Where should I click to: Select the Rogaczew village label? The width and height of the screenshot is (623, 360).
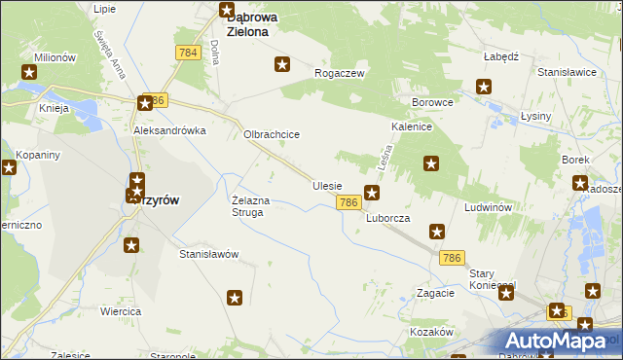pos(339,73)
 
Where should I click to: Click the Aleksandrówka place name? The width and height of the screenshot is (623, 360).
pos(170,129)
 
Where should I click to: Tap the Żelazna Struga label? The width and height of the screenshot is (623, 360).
pos(257,206)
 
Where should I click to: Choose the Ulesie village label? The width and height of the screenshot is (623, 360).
pos(327,185)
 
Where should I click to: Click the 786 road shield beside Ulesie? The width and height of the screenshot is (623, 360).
pos(349,202)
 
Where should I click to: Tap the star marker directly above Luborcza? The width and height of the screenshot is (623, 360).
pos(372,193)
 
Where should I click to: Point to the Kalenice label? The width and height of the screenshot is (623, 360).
pos(412,127)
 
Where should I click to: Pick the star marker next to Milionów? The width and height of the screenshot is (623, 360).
pos(30,71)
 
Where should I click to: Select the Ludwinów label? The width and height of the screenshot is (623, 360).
pos(489,208)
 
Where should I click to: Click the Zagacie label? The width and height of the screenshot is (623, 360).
pos(435,293)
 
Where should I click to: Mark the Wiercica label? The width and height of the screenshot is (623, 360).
pos(122,311)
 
